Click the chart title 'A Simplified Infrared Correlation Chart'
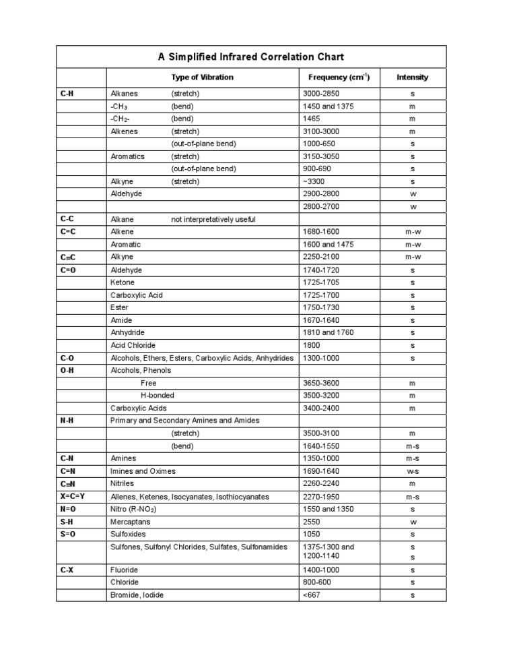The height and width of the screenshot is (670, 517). (x=251, y=57)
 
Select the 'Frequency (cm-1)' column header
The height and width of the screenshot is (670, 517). (x=339, y=77)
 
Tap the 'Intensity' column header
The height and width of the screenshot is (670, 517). (x=412, y=77)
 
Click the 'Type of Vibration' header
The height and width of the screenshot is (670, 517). (x=202, y=77)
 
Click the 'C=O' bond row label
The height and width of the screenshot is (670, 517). (x=68, y=270)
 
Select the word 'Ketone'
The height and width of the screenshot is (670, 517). (x=123, y=282)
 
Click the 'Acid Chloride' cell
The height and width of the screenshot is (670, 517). (x=133, y=345)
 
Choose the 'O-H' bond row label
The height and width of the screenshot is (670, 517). (x=67, y=370)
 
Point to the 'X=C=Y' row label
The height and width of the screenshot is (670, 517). (x=72, y=496)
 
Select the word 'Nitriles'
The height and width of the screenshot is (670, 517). (x=123, y=483)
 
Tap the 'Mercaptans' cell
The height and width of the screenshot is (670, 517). (x=130, y=522)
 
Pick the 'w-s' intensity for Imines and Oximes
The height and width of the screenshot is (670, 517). (x=412, y=471)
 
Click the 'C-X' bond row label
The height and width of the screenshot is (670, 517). (x=67, y=570)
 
